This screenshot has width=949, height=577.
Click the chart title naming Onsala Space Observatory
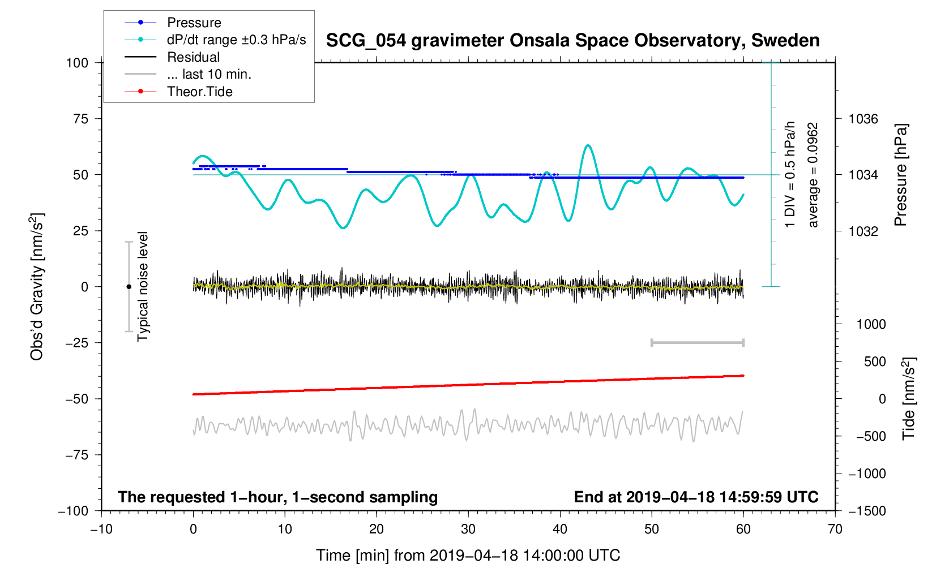click(572, 41)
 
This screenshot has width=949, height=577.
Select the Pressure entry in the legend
click(194, 23)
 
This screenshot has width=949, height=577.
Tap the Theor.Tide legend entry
click(199, 92)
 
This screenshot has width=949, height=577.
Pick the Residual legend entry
click(193, 57)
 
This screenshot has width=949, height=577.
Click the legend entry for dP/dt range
click(236, 40)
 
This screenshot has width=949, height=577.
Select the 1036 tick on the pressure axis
click(863, 119)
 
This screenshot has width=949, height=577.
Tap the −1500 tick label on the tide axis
click(866, 511)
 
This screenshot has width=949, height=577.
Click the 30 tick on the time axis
click(468, 529)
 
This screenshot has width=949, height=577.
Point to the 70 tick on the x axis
click(835, 529)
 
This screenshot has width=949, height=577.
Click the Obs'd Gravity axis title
click(37, 286)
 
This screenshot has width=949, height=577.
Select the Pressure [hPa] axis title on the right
click(900, 175)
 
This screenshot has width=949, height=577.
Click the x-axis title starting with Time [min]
click(468, 556)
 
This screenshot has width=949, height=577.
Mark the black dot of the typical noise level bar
click(129, 287)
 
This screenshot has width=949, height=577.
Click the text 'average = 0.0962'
click(813, 175)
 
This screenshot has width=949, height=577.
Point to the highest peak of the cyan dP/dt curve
click(588, 146)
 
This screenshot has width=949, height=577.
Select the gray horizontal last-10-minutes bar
click(697, 342)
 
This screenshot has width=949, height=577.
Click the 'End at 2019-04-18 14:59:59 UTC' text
click(696, 497)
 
